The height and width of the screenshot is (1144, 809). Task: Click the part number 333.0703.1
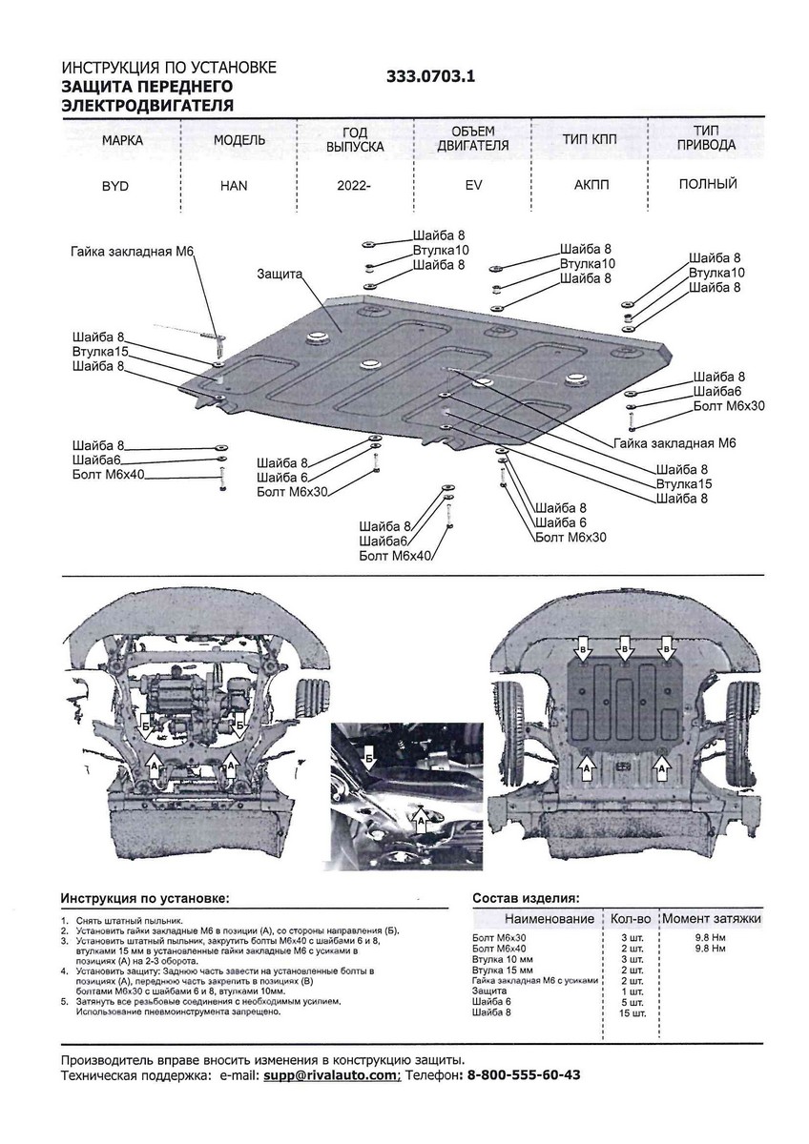[x=430, y=75]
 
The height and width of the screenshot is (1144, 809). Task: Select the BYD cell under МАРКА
[x=116, y=186]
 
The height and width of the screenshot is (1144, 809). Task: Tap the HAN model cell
[x=233, y=186]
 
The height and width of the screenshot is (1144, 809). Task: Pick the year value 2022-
[x=353, y=186]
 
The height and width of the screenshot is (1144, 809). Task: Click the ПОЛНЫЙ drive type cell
[x=708, y=184]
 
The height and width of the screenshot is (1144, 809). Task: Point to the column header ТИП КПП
[x=590, y=139]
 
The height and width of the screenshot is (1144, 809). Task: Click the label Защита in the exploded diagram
[x=279, y=274]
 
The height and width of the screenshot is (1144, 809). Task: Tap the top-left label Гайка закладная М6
[x=132, y=251]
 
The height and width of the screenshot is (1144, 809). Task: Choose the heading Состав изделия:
[x=525, y=898]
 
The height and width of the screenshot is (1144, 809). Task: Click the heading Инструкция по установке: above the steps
[x=144, y=898]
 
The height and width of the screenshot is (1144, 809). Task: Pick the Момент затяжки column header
[x=711, y=918]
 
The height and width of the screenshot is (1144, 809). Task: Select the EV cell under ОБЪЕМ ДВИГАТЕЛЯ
[x=473, y=186]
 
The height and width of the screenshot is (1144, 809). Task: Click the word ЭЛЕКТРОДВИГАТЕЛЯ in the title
[x=147, y=105]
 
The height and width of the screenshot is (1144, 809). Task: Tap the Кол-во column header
[x=631, y=918]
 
